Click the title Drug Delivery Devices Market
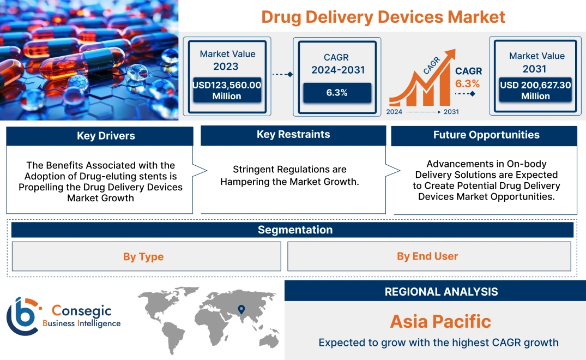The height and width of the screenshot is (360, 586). click(x=383, y=16)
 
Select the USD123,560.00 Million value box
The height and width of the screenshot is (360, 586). click(x=227, y=91)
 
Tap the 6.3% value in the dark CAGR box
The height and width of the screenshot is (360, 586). click(x=337, y=93)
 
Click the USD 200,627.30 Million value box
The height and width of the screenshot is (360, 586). click(x=535, y=91)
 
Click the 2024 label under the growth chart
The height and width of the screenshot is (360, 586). click(x=395, y=112)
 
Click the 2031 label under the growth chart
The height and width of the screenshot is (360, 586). click(x=451, y=112)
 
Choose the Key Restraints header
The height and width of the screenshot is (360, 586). click(x=293, y=135)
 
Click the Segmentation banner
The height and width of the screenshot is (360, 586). click(x=295, y=230)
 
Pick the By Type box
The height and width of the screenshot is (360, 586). click(x=143, y=256)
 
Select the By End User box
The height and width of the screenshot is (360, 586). click(x=427, y=256)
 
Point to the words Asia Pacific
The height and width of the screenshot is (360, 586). click(x=440, y=321)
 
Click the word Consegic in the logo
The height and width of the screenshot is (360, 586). click(x=81, y=311)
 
